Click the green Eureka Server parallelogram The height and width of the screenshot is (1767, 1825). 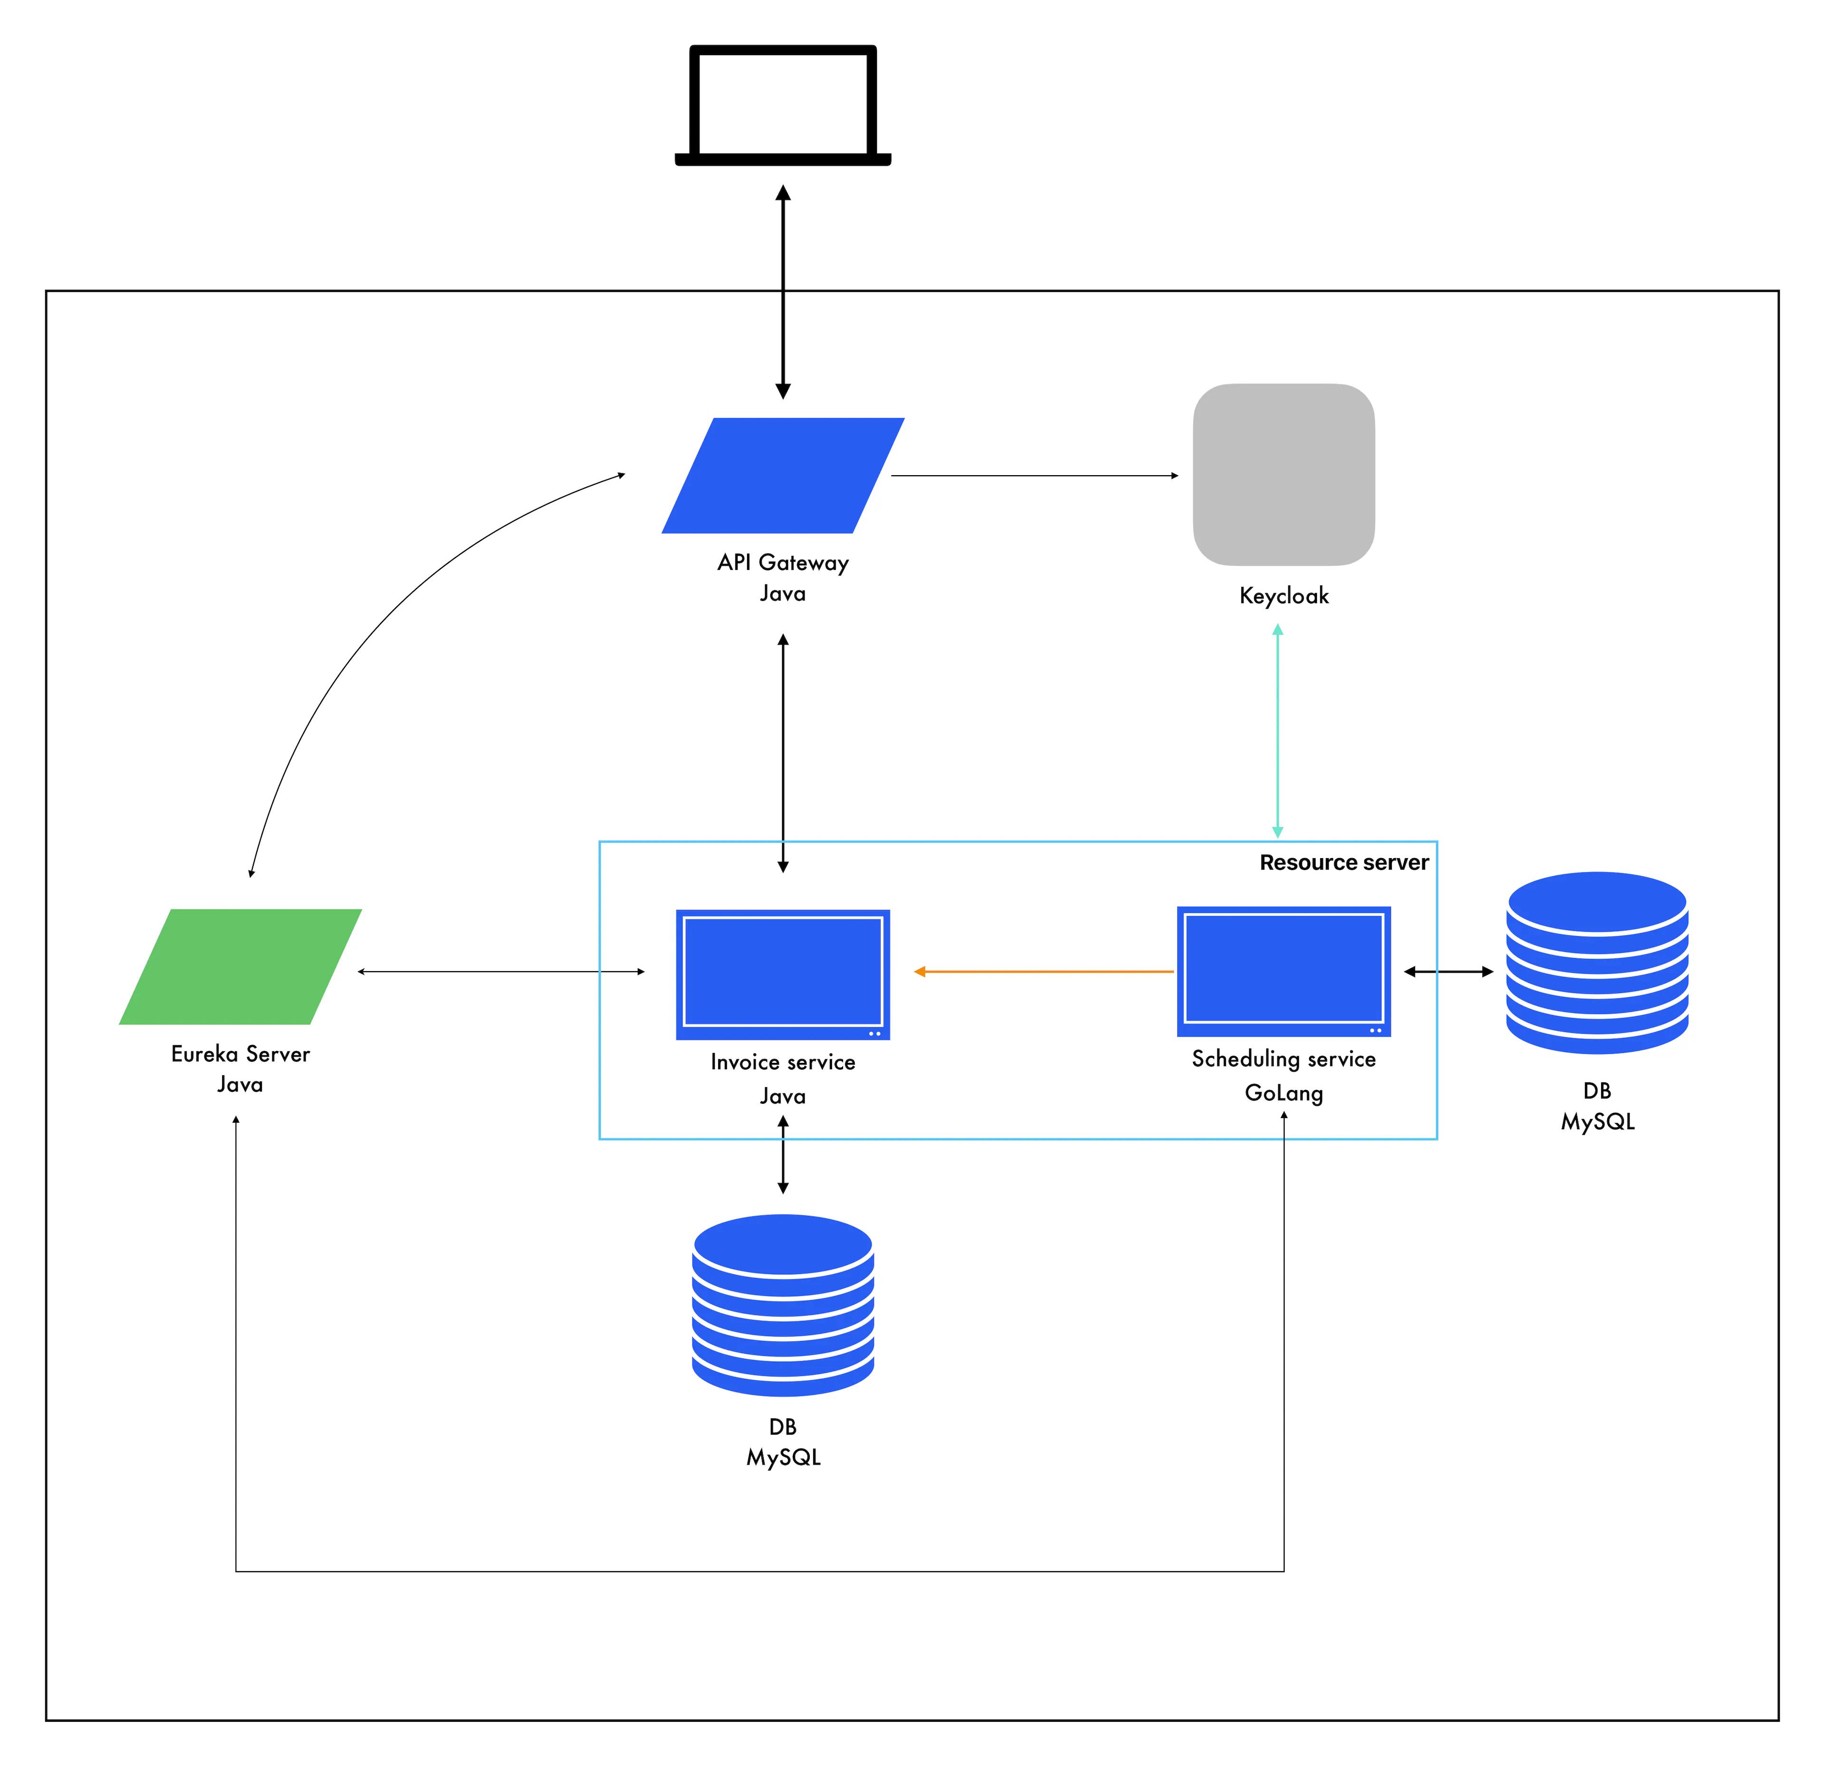click(240, 966)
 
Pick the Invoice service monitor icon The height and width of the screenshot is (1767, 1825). click(782, 973)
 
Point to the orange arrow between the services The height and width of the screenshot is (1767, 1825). click(1043, 971)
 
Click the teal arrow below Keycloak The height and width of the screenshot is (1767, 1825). click(1277, 731)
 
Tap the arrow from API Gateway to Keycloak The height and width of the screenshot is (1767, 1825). click(1034, 476)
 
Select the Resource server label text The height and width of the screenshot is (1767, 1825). click(1344, 862)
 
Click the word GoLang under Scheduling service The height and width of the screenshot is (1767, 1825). click(1283, 1093)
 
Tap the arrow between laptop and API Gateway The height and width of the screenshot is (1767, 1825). click(783, 290)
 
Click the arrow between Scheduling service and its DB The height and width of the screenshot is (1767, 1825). click(1448, 971)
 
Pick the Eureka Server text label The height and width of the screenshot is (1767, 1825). click(240, 1054)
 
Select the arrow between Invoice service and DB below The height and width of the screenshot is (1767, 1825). click(783, 1155)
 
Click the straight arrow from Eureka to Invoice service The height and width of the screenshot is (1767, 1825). click(501, 971)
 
